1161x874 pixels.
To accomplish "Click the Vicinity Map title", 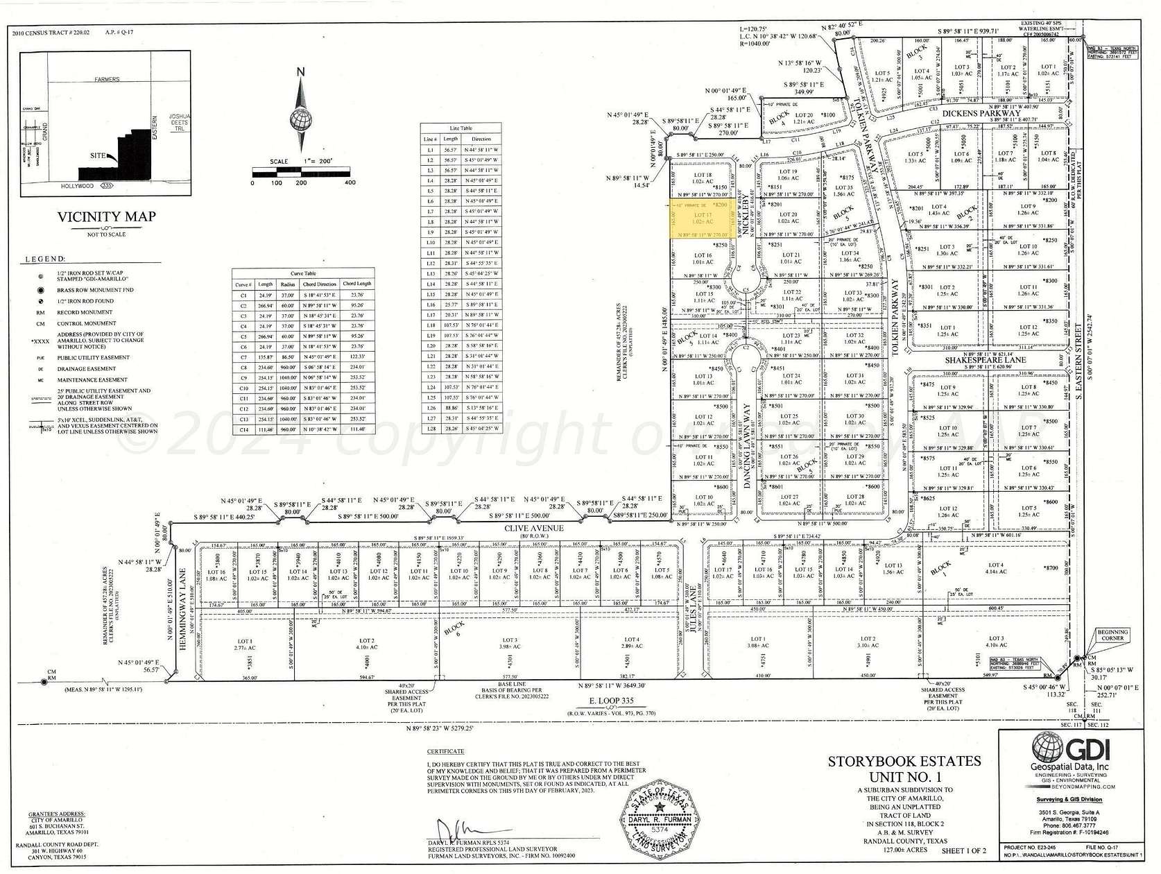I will [x=106, y=216].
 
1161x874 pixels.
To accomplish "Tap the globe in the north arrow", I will [x=301, y=119].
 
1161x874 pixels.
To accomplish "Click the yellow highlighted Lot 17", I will [x=703, y=220].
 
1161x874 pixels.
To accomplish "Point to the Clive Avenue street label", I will [x=543, y=528].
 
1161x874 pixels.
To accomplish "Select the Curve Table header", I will [x=304, y=274].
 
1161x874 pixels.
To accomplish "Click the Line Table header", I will [x=461, y=128].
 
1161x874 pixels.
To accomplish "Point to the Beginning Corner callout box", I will [x=1112, y=635].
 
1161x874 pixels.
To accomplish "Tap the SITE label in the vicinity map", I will [x=97, y=155].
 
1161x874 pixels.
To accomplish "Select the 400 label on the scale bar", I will [x=350, y=182].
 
